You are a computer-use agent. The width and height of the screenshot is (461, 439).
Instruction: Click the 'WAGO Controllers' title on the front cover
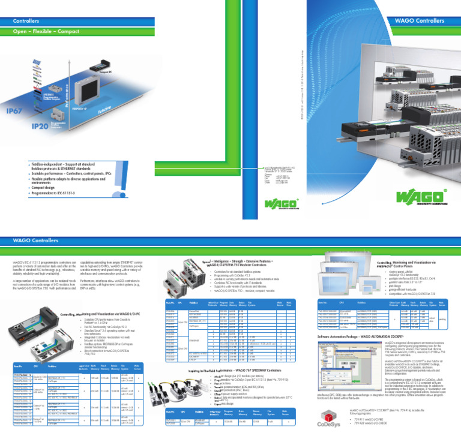pyautogui.click(x=418, y=22)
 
